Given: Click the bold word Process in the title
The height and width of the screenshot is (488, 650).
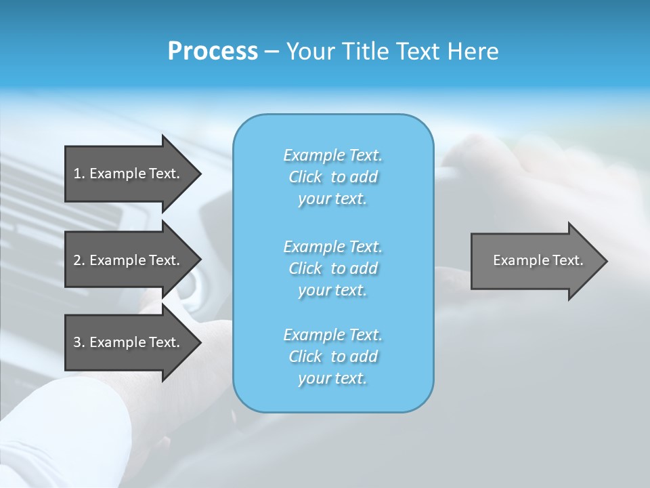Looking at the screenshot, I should pos(213,52).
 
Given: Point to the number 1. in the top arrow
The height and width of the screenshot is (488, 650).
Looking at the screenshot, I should pos(79,174).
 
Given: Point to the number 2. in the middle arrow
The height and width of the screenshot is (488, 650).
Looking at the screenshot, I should pos(79,260).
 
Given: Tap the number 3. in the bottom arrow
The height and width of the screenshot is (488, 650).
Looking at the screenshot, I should pos(79,342).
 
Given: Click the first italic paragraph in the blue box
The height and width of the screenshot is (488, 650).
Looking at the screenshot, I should pos(333,177).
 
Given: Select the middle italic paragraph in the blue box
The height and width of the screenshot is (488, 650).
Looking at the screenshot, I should pos(333,268).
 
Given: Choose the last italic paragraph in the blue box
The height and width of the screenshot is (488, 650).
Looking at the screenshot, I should pos(333,357).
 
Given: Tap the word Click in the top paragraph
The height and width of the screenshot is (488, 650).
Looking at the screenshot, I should pos(305,177).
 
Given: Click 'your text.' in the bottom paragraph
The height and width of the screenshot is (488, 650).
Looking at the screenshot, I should pos(332,379).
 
